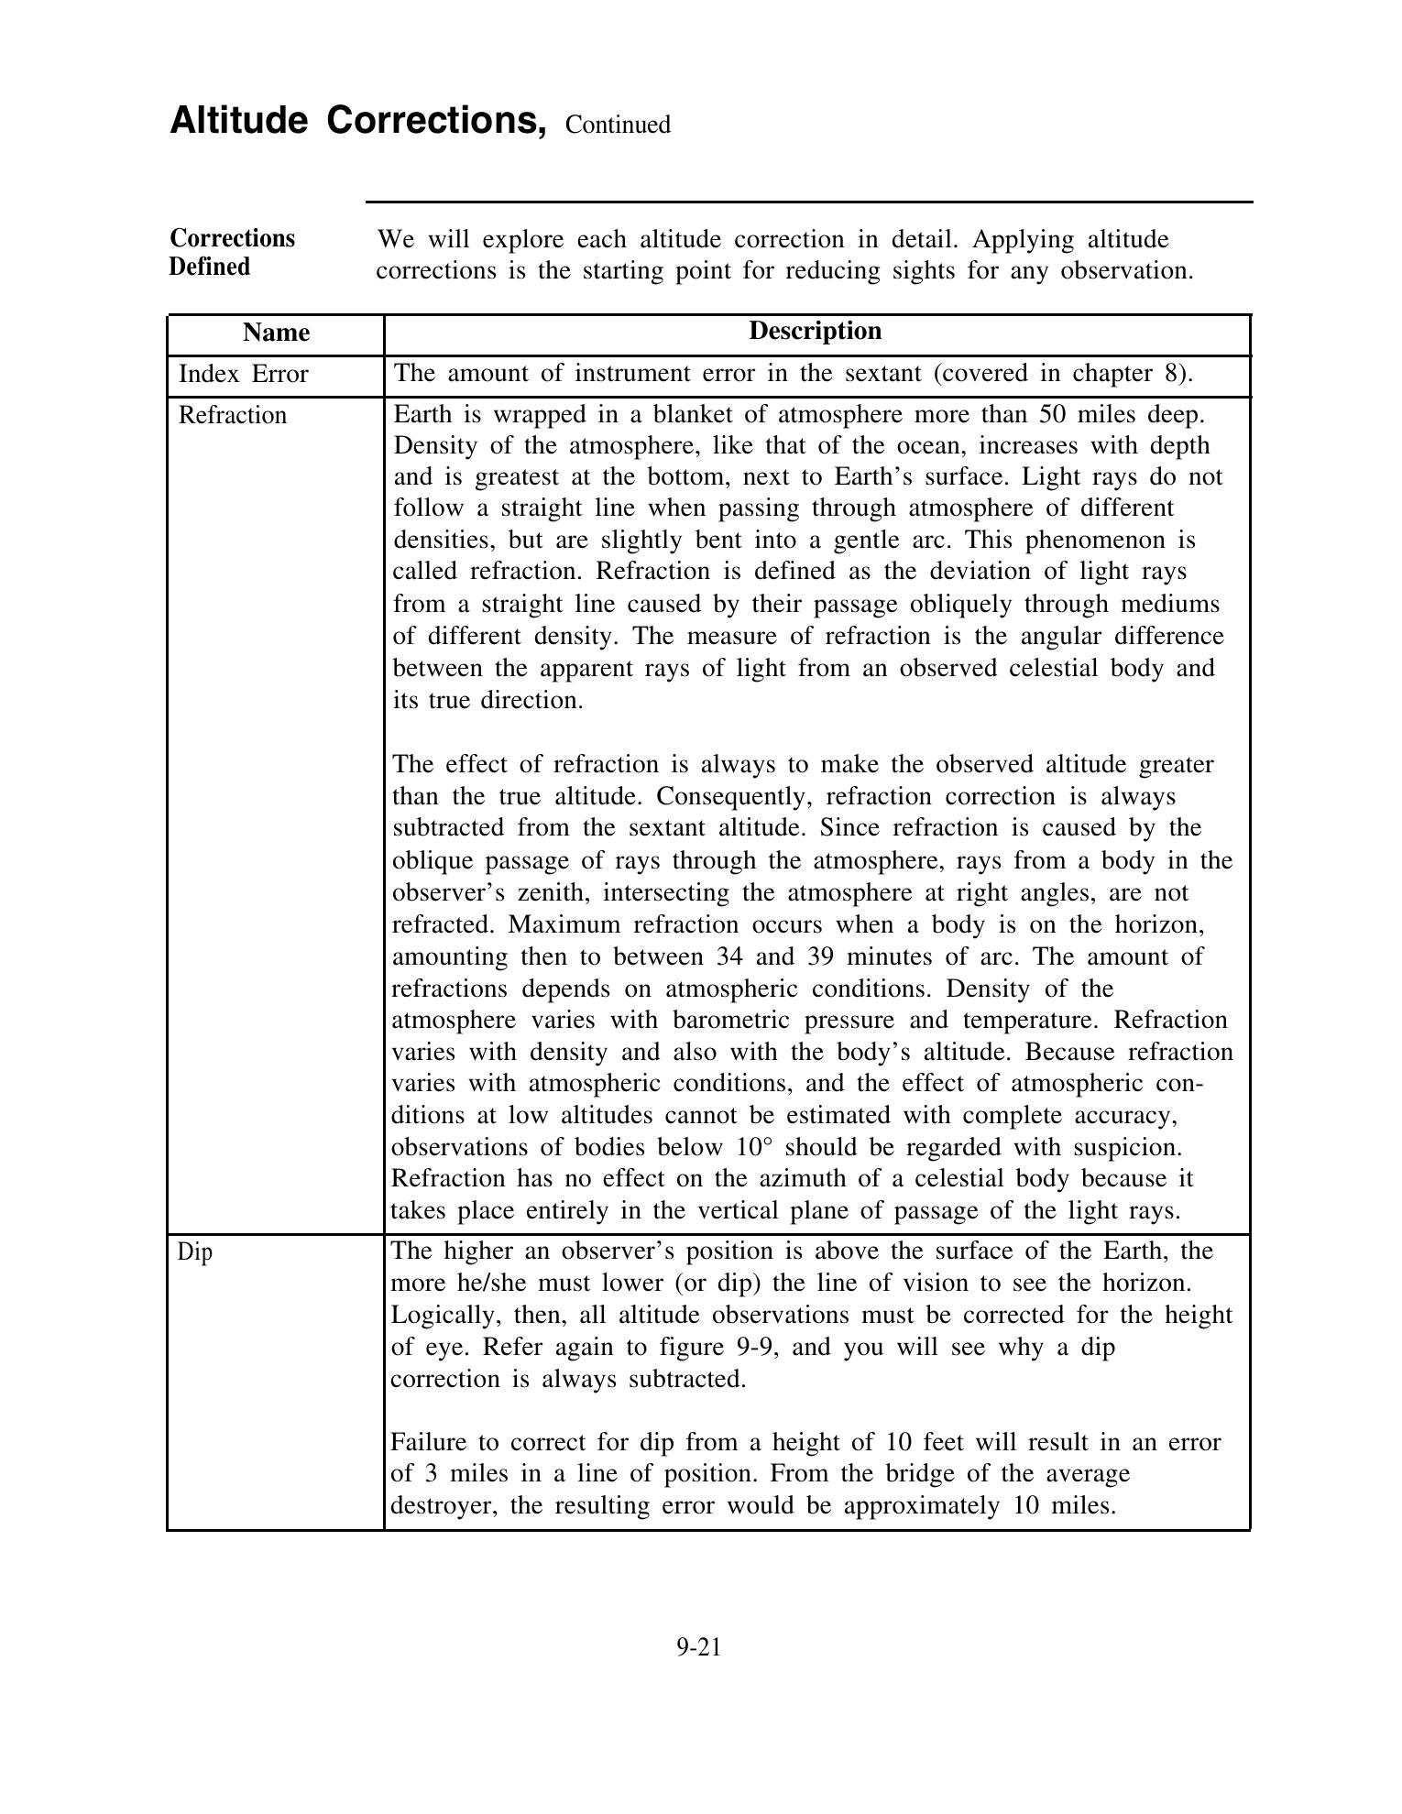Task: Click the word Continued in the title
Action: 618,125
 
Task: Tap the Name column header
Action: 276,332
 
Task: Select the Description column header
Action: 815,331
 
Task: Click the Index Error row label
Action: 243,374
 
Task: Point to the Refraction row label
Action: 232,415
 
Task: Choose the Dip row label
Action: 195,1251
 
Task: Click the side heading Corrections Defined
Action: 232,252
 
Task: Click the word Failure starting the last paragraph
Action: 433,1442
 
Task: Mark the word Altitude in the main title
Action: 239,120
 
